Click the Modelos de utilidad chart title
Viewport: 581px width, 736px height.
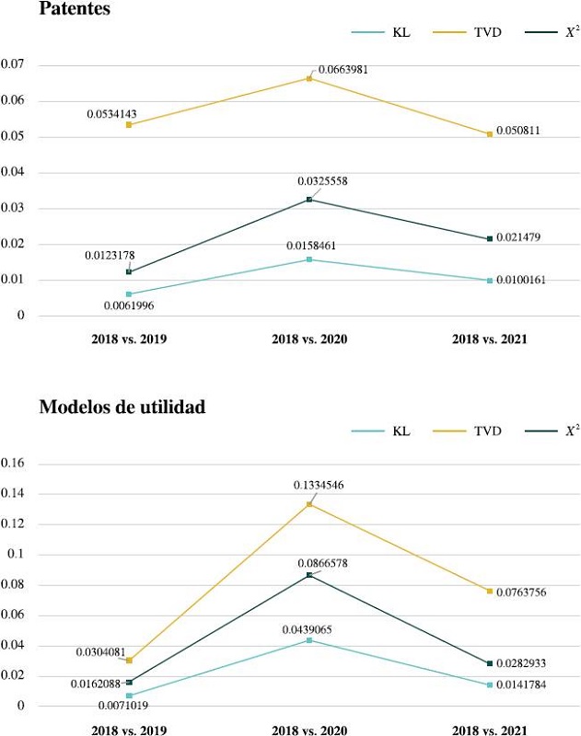coord(122,408)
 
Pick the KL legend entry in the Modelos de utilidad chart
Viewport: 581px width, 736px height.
coord(401,430)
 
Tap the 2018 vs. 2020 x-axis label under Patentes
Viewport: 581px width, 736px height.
coord(309,339)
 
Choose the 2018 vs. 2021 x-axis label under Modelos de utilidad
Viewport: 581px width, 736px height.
coord(490,730)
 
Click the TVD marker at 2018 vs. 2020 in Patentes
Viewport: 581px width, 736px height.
coord(309,78)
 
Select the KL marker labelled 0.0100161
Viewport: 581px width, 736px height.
coord(490,280)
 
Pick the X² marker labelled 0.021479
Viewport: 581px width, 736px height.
coord(490,238)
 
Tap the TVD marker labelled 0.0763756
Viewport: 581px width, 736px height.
coord(490,591)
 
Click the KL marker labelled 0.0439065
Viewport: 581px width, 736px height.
coord(309,639)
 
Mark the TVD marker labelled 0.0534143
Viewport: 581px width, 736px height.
coord(129,124)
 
